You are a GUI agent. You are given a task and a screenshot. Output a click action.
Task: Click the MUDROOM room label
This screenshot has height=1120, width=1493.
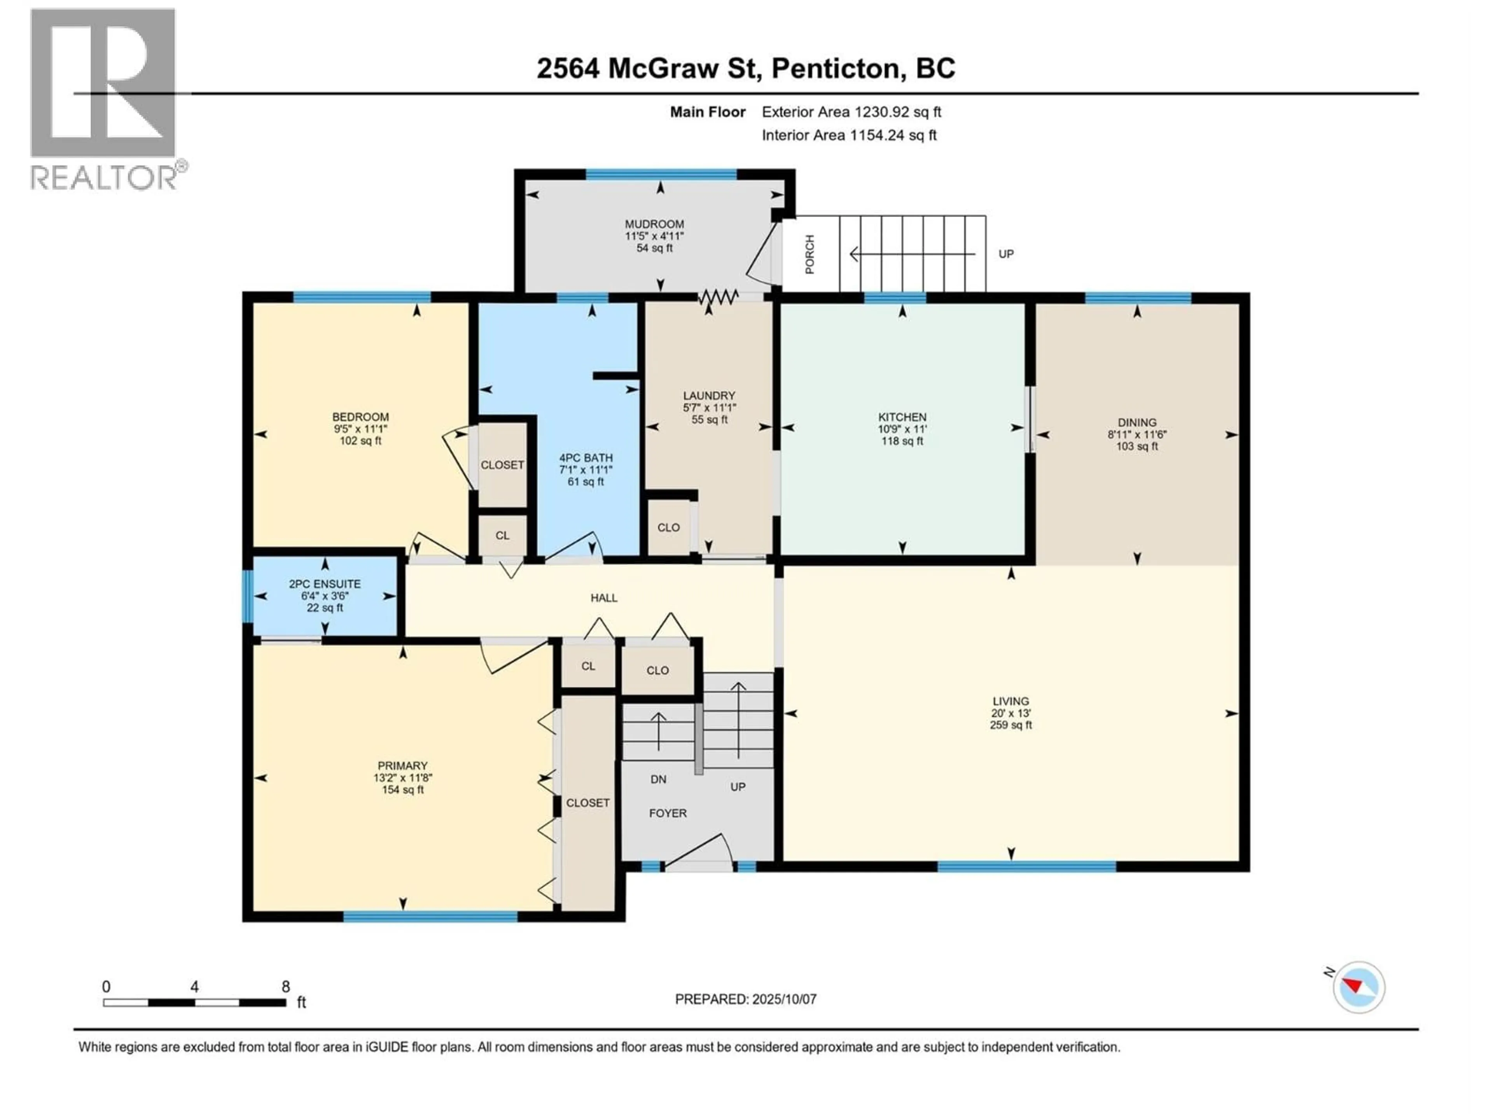[x=654, y=224]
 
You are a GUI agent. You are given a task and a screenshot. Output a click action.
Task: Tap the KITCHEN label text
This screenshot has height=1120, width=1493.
[x=902, y=417]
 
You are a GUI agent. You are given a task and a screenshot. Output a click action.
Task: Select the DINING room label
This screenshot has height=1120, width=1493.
[x=1136, y=423]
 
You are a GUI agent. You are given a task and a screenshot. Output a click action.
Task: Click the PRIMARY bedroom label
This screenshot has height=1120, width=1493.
[x=402, y=766]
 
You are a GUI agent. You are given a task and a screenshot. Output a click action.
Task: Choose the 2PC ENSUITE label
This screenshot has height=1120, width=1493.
[x=325, y=584]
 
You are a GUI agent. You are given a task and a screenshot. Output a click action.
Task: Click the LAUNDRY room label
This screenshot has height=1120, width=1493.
[x=709, y=395]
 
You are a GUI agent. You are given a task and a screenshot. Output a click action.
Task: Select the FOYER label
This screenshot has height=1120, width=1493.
[x=668, y=814]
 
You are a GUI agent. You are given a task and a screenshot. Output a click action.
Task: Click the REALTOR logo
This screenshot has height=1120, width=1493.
[x=106, y=99]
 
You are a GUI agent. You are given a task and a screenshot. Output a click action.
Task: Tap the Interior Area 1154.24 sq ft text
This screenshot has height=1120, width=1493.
[x=849, y=135]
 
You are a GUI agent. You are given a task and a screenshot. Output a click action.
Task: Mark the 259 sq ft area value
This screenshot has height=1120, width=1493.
[x=1010, y=725]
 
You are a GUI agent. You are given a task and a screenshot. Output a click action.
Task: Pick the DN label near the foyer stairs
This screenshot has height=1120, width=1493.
[x=658, y=779]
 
